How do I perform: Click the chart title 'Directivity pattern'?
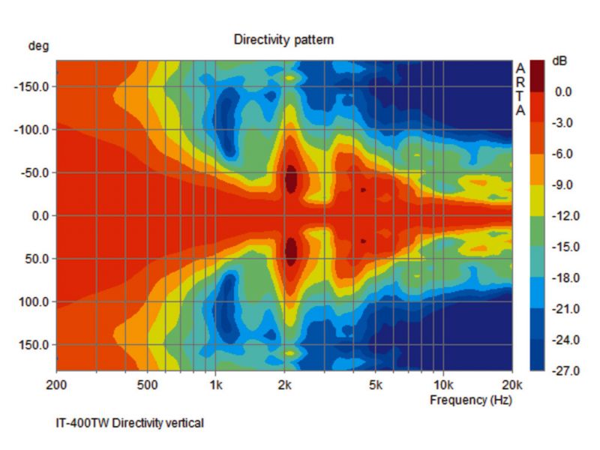283,39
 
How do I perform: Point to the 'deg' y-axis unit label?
39,46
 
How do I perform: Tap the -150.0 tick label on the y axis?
31,86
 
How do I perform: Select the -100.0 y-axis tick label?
31,130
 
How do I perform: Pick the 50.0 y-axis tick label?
35,259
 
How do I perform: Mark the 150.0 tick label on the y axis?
33,345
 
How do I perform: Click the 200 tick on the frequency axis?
57,385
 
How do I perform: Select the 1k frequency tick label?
215,385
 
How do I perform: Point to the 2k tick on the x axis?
284,385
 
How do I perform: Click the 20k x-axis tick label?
512,385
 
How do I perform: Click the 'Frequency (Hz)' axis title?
469,400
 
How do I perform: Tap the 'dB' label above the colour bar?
560,61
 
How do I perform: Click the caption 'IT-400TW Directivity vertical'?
130,423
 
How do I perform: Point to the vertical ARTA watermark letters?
520,89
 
